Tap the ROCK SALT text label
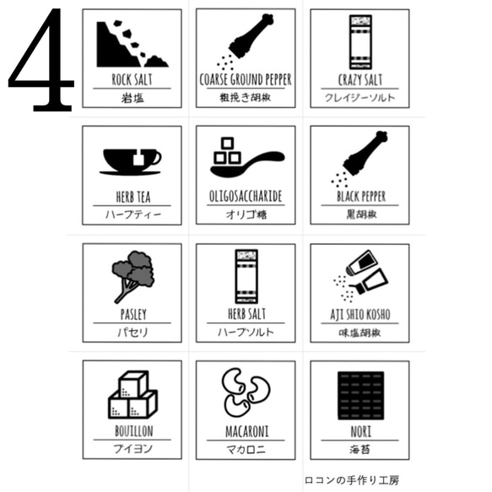click(132, 80)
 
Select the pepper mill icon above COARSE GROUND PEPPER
click(246, 42)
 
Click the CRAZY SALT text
click(360, 80)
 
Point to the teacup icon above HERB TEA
click(131, 159)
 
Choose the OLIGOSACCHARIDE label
click(246, 197)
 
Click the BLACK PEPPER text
click(360, 197)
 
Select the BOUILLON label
click(132, 431)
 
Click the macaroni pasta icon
click(246, 393)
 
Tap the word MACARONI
click(246, 431)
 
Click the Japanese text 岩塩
click(132, 97)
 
